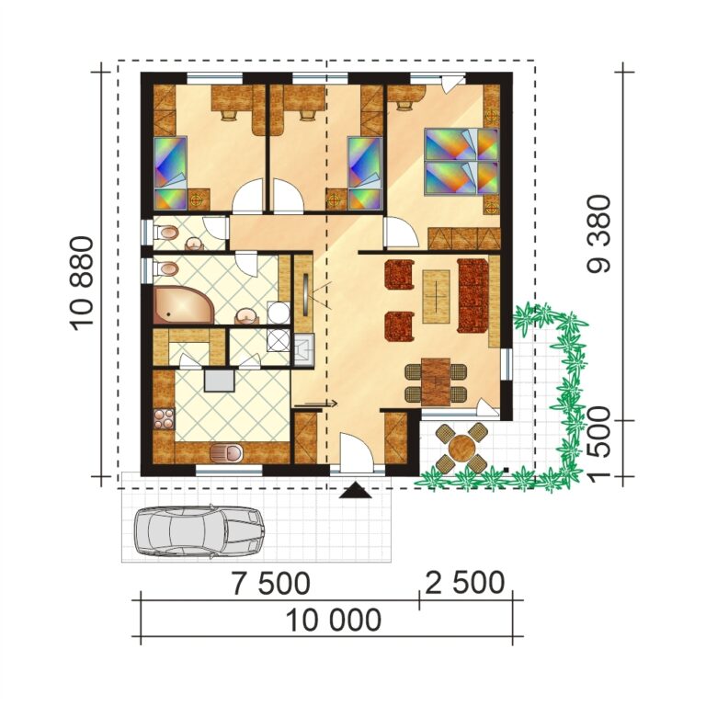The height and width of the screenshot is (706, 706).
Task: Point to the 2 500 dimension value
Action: pyautogui.click(x=464, y=583)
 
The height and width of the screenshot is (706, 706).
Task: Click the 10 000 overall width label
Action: pyautogui.click(x=332, y=621)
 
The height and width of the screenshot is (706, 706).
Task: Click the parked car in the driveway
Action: pyautogui.click(x=199, y=530)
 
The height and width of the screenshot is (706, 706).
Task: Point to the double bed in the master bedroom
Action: pyautogui.click(x=461, y=162)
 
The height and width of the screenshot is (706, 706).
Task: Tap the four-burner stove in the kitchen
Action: pyautogui.click(x=164, y=418)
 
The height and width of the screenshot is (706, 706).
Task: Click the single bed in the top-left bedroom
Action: pyautogui.click(x=169, y=173)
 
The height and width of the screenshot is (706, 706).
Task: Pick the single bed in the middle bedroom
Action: pyautogui.click(x=364, y=173)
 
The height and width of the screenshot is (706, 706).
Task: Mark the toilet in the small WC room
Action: pyautogui.click(x=165, y=234)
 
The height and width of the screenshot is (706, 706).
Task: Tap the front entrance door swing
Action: pyautogui.click(x=355, y=454)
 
